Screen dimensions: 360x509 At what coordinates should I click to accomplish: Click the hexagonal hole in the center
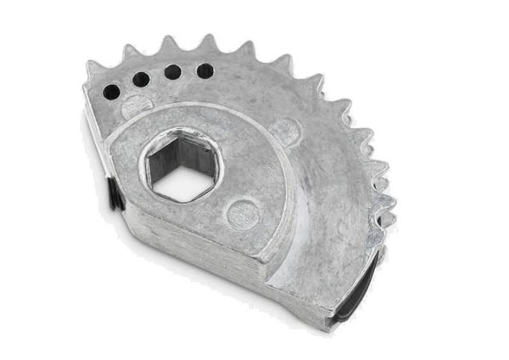pyautogui.click(x=179, y=166)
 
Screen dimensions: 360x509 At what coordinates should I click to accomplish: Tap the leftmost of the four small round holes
pyautogui.click(x=111, y=91)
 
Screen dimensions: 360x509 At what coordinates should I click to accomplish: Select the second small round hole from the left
pyautogui.click(x=141, y=80)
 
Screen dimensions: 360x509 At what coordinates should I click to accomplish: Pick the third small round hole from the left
pyautogui.click(x=172, y=72)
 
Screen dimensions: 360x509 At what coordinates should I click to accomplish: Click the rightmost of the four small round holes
pyautogui.click(x=204, y=70)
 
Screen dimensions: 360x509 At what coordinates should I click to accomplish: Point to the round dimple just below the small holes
pyautogui.click(x=135, y=108)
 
